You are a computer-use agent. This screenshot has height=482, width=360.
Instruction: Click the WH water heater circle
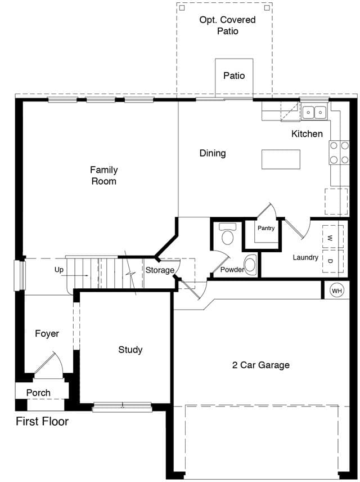(337, 290)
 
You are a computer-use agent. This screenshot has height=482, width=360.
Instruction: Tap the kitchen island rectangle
(281, 159)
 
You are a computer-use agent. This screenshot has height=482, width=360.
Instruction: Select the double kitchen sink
(314, 113)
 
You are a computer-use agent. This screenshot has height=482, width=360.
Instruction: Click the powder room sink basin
(250, 264)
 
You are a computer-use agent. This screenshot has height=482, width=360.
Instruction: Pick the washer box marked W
(332, 236)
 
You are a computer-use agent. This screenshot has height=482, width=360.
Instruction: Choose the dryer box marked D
(332, 261)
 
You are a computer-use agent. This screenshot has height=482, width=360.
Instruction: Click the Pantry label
(266, 228)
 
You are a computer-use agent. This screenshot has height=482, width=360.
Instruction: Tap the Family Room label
(104, 175)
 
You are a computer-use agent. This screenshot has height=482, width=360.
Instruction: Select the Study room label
(130, 350)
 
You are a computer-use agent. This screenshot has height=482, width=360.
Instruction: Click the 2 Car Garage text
(261, 365)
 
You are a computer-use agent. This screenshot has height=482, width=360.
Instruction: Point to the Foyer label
(47, 333)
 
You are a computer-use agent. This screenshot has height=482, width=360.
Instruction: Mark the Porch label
(38, 392)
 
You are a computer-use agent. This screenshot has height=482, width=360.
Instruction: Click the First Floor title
(42, 421)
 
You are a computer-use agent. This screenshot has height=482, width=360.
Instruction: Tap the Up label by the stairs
(59, 270)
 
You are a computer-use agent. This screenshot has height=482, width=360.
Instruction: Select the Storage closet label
(160, 270)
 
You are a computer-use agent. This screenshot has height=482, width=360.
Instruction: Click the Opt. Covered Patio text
(227, 25)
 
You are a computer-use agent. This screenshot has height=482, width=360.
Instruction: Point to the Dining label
(213, 153)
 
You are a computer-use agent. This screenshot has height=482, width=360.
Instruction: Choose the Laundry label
(305, 257)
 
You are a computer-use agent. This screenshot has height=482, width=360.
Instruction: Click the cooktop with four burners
(339, 152)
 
